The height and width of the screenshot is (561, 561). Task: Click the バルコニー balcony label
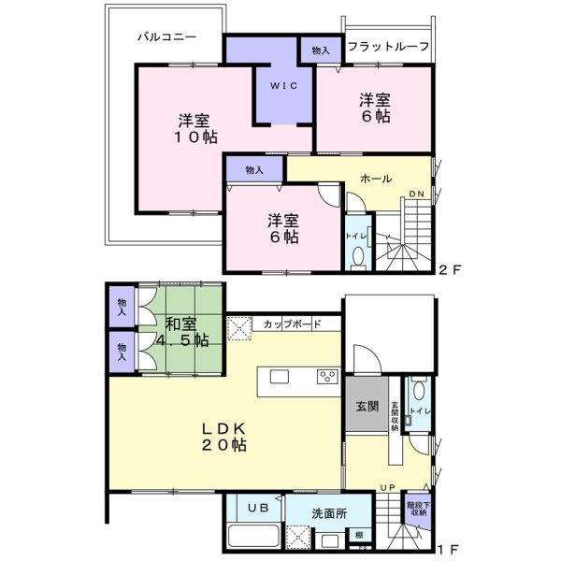click(165, 38)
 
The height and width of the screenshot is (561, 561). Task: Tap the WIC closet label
click(284, 86)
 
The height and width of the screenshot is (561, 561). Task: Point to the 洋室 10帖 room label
click(195, 128)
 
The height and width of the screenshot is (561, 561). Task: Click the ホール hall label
click(375, 179)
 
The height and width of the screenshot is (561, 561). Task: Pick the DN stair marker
click(416, 194)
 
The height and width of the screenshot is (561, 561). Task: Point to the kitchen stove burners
click(328, 377)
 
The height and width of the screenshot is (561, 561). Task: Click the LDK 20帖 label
click(225, 437)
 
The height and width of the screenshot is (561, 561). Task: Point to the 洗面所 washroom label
click(328, 512)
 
